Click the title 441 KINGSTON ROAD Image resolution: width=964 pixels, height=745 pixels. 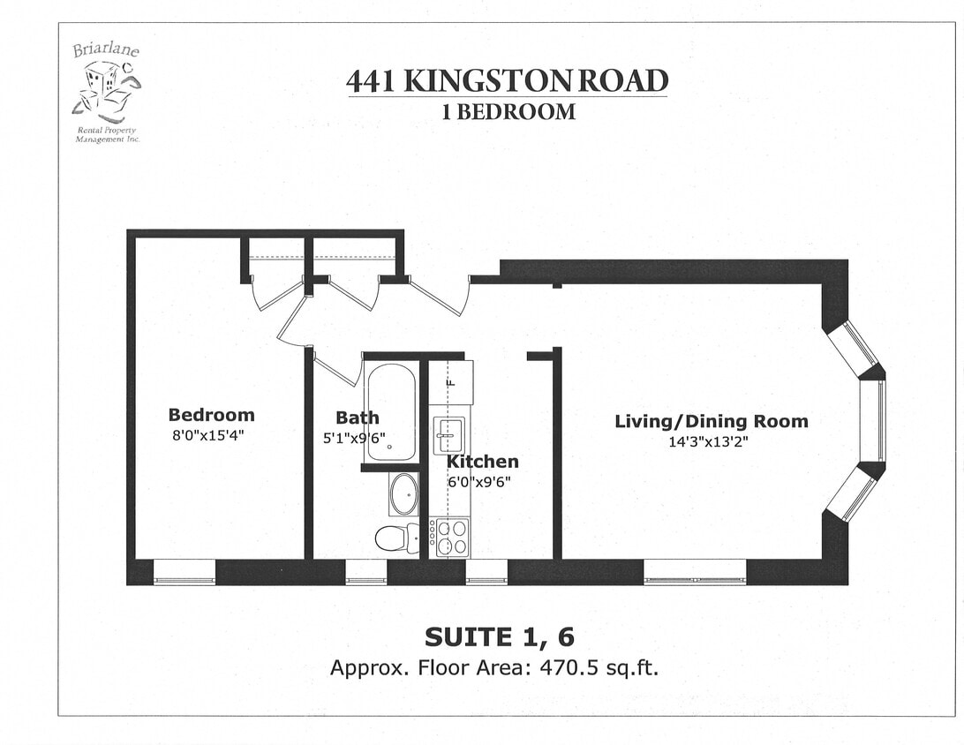[507, 81]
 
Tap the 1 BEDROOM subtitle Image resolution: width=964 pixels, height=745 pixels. [508, 112]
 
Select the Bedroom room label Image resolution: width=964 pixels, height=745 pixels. [211, 415]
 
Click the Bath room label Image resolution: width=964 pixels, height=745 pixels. [357, 418]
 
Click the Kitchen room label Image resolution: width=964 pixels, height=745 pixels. [482, 462]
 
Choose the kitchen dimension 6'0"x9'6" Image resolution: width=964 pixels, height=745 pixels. [478, 482]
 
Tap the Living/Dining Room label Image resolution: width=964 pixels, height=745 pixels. [711, 421]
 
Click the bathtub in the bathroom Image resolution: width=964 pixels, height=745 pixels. [391, 412]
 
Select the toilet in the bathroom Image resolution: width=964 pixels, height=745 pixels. [396, 537]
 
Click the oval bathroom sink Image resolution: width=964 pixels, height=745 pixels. [404, 494]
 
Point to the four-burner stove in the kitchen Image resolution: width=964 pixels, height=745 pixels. [450, 537]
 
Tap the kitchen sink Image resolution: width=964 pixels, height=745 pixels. [448, 435]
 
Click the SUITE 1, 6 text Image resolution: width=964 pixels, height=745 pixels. [493, 637]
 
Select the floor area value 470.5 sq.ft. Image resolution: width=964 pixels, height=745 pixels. [597, 667]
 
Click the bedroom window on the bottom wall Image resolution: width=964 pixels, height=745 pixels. [185, 579]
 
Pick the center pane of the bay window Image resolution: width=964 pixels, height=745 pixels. [873, 420]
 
